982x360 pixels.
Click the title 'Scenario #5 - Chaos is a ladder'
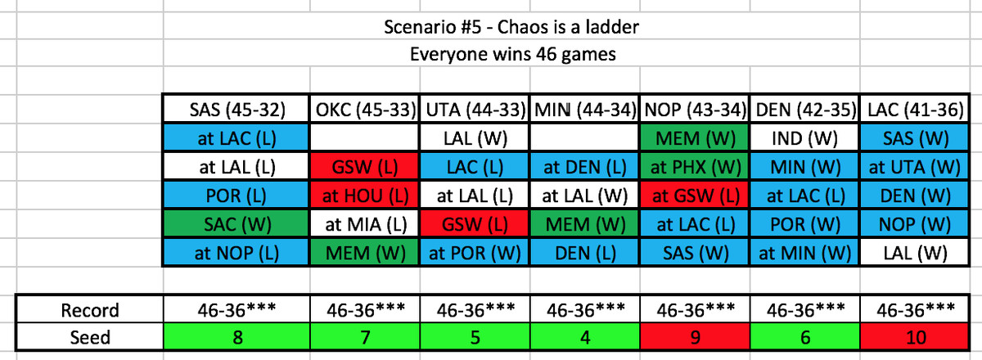[x=511, y=27]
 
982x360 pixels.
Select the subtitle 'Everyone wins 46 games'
[x=512, y=54]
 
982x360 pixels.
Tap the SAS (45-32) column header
[x=236, y=109]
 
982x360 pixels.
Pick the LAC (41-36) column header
[x=915, y=109]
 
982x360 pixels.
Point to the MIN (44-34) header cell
[x=585, y=109]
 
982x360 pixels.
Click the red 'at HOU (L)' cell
[x=365, y=196]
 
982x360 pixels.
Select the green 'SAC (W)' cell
[x=236, y=224]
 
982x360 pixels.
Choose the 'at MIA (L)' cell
[x=365, y=224]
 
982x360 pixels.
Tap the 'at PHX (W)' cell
[x=695, y=167]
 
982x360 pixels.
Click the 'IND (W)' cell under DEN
[x=805, y=138]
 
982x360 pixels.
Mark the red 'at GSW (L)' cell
[x=695, y=196]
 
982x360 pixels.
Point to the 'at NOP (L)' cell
[x=236, y=253]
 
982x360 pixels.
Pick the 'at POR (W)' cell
[x=475, y=253]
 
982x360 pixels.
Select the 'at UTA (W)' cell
[x=915, y=167]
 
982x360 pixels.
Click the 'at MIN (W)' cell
[x=805, y=253]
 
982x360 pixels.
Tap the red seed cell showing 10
[x=915, y=337]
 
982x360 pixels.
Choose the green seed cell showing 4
[x=585, y=337]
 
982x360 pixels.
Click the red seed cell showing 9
[x=695, y=337]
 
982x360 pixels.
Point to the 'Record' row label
[x=90, y=310]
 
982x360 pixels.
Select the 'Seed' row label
[x=90, y=337]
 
